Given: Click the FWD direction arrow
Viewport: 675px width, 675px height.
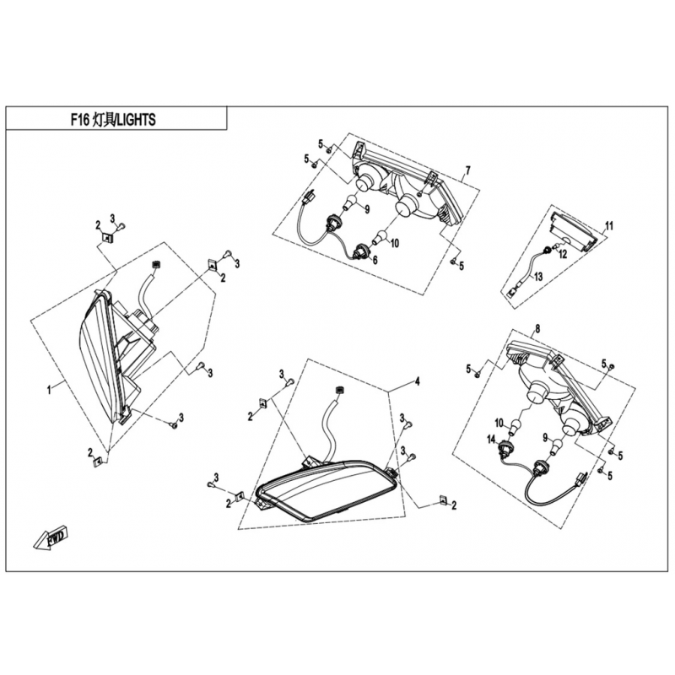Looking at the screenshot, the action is click(x=51, y=537).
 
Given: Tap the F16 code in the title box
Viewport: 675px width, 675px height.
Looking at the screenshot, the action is click(x=80, y=120).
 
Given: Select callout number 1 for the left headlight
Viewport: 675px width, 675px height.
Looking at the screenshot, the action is click(x=49, y=390).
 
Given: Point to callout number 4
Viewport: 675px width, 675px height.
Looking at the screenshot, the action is click(x=417, y=381).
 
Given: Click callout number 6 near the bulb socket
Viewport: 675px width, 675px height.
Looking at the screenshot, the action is click(x=375, y=260).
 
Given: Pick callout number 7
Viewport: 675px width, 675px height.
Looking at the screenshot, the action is click(x=468, y=170).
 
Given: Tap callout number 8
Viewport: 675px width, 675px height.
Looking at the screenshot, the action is click(x=537, y=329).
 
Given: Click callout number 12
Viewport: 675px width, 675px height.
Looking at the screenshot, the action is click(x=563, y=254).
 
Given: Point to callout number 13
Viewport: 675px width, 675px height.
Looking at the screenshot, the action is click(x=538, y=277).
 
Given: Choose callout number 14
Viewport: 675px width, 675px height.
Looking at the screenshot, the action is click(x=492, y=439).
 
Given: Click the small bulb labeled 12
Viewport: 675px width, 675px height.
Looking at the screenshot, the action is click(x=554, y=246).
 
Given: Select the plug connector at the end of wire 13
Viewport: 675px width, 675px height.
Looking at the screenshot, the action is click(x=512, y=292).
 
